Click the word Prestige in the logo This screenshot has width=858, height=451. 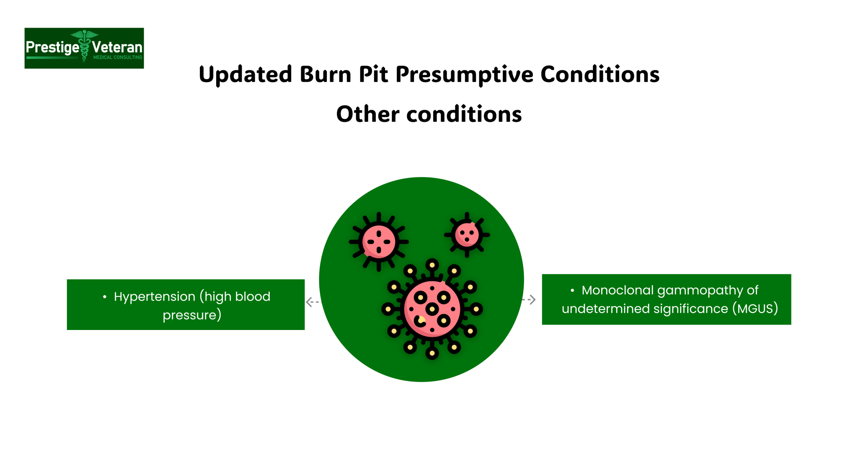point(52,47)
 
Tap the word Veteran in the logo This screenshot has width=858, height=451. point(117,47)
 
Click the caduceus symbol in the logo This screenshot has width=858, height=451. point(85,45)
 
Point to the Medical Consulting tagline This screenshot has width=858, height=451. point(118,57)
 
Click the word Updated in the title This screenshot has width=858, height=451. point(245,75)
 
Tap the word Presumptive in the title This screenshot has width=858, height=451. point(465,75)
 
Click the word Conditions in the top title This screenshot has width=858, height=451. point(600,75)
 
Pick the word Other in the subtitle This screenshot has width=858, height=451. point(367,114)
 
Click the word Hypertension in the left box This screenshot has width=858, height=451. point(154,296)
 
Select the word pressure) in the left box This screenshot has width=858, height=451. point(192,315)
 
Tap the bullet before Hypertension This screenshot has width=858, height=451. point(104,297)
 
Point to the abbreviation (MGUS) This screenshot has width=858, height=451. point(755,309)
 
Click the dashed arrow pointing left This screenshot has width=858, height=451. point(312,302)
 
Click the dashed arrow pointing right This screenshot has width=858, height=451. point(530,299)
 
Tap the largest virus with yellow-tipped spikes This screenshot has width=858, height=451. point(432,309)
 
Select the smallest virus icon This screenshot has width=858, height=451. point(467,235)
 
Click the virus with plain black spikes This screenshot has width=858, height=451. point(379,242)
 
